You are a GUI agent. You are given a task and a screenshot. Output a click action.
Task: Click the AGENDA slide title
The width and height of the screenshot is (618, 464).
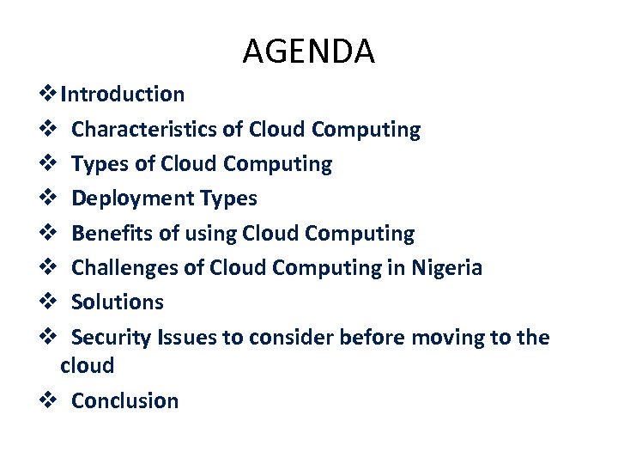point(309,52)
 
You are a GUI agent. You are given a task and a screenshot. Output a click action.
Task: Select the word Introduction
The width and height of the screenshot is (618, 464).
point(123,94)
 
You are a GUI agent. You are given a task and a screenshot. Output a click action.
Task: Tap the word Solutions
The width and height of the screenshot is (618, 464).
point(118,302)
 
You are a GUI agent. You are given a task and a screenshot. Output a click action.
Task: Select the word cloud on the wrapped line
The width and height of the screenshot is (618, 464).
point(88,366)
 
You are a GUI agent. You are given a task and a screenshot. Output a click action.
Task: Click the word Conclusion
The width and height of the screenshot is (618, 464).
point(125,400)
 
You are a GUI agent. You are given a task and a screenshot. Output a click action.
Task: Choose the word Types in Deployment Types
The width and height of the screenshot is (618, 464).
point(228,198)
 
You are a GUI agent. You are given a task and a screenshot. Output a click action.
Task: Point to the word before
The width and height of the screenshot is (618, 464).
point(373,338)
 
